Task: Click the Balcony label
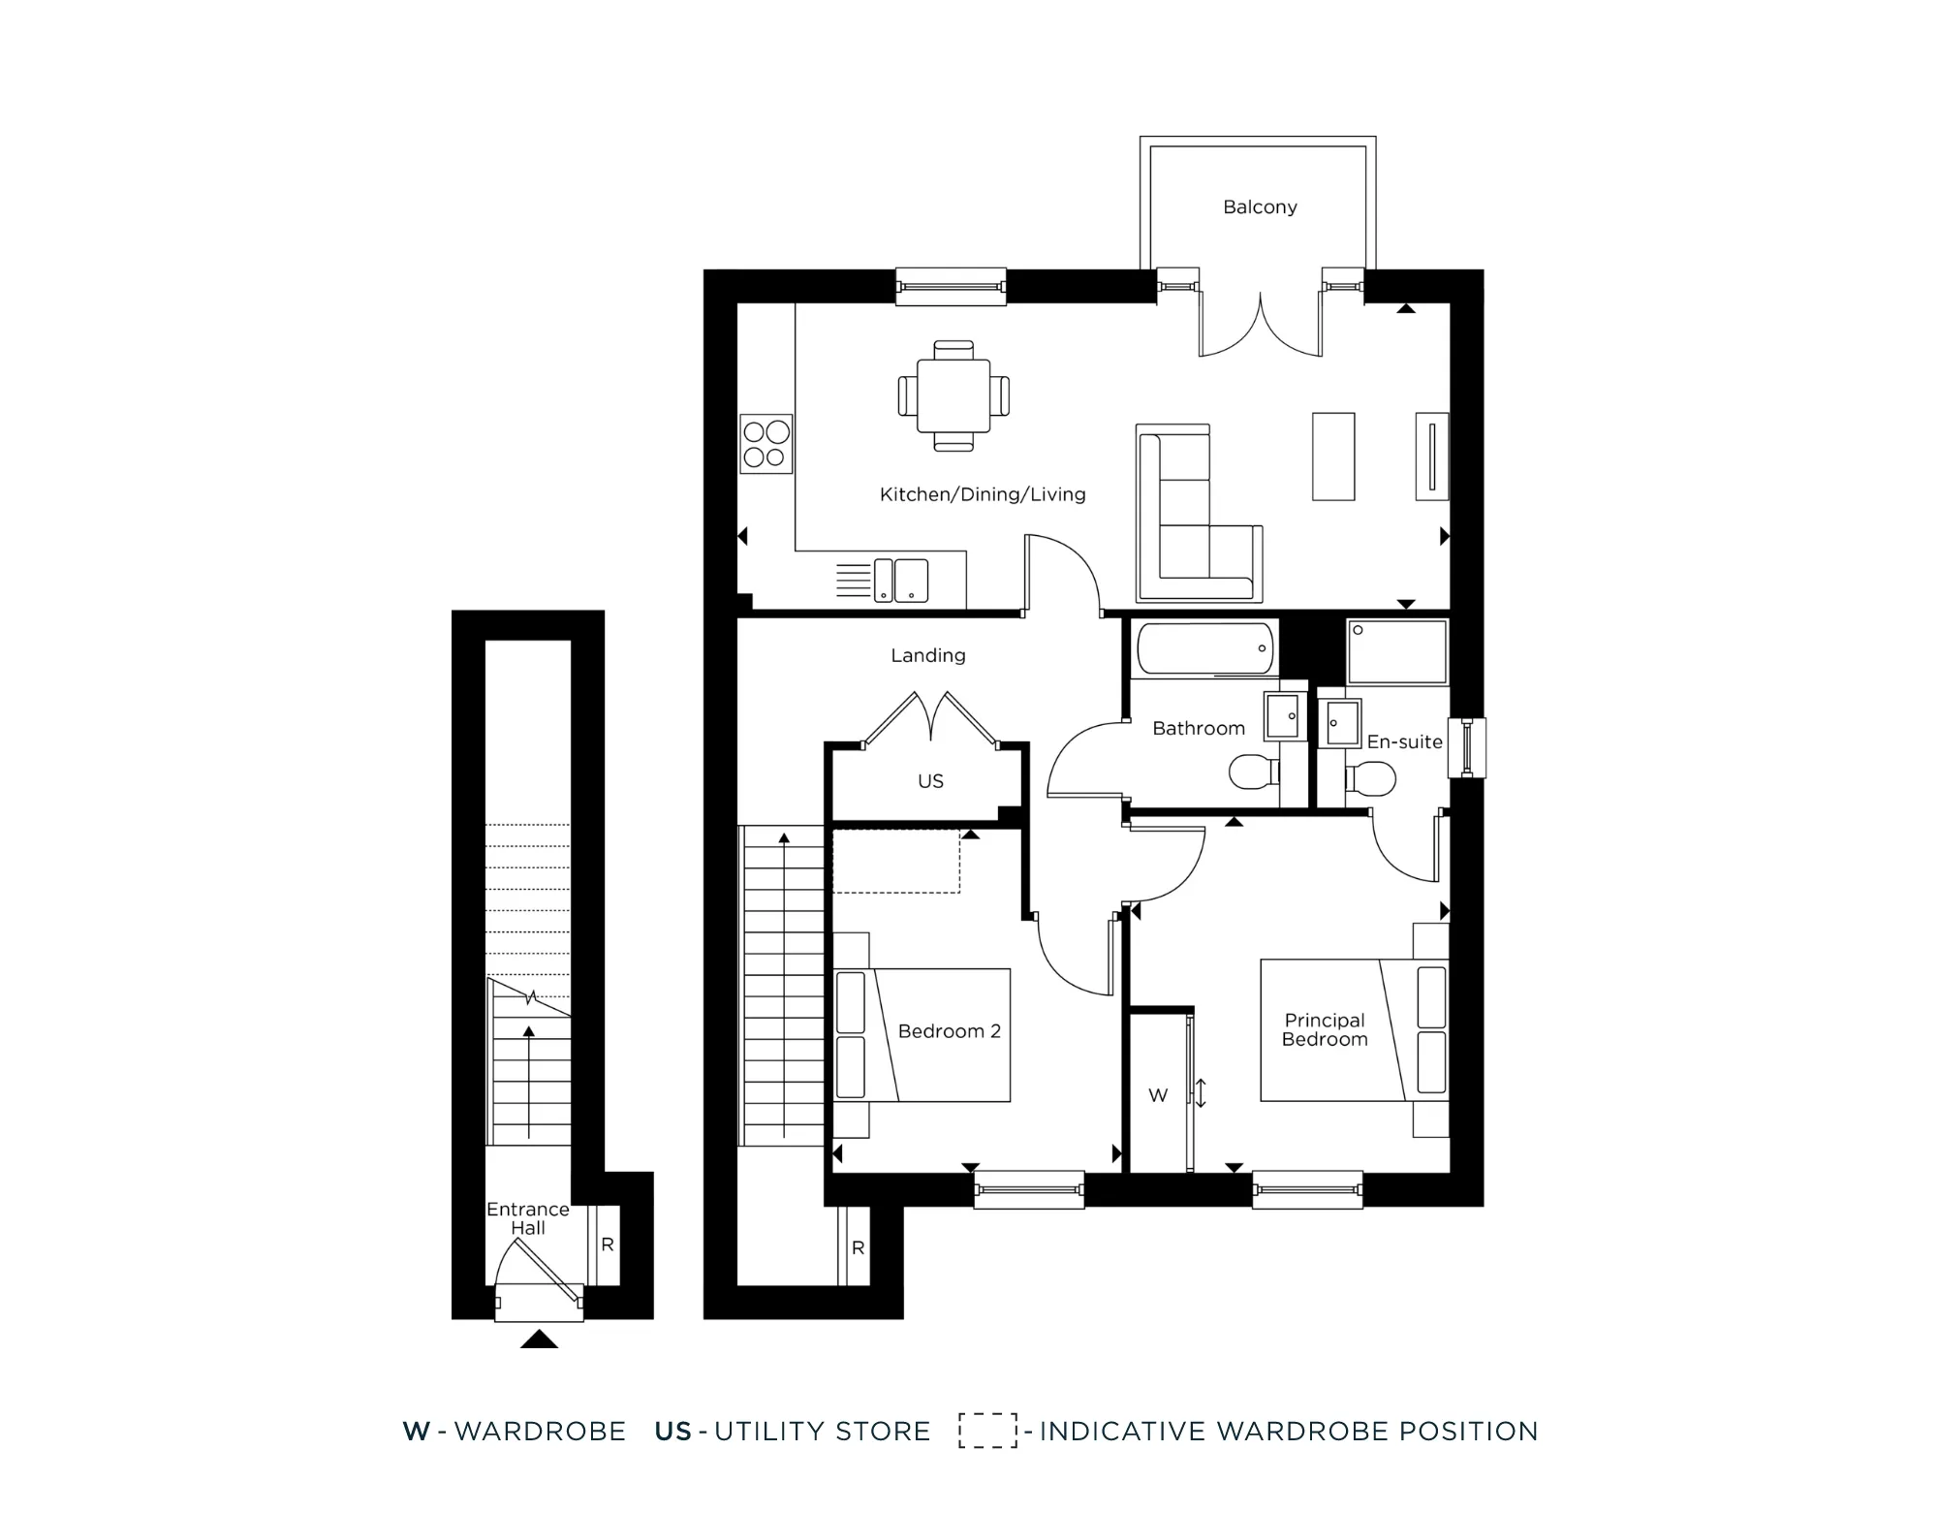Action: pos(1259,206)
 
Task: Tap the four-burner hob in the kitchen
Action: pos(766,444)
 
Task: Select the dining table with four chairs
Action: pos(953,395)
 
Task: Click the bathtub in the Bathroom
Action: pos(1204,648)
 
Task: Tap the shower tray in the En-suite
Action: pos(1396,652)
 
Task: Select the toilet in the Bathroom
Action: pos(1252,772)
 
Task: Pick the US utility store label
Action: pos(930,781)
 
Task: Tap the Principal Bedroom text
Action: pos(1324,1029)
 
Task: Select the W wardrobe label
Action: pos(1158,1095)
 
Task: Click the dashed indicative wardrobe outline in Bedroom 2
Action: pos(896,861)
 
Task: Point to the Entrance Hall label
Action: pos(527,1218)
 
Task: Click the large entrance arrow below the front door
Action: pos(539,1340)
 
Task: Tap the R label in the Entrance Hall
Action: pos(608,1245)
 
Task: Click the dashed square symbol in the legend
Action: pos(987,1431)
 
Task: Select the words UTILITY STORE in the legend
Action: pos(822,1431)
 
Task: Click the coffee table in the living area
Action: pos(1333,457)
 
